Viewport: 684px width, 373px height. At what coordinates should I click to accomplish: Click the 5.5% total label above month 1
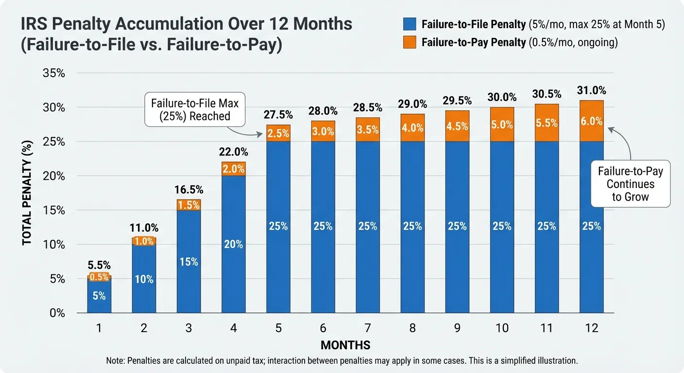tap(99, 266)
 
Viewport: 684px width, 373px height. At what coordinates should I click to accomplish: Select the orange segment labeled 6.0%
tap(591, 121)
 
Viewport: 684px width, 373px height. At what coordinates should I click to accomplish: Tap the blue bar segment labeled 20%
tap(233, 244)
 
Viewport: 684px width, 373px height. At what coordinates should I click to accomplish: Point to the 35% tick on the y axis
tap(54, 73)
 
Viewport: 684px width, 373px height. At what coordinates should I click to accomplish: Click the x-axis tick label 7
tap(368, 328)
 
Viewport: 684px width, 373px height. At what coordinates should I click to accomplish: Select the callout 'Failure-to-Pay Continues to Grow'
tap(630, 184)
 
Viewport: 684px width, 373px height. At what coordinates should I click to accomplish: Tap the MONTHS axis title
tap(345, 345)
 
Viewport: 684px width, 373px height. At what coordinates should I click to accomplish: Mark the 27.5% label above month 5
tap(278, 115)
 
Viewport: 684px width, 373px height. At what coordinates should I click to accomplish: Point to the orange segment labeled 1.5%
tap(188, 205)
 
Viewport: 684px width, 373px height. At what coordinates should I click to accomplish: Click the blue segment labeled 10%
tap(144, 279)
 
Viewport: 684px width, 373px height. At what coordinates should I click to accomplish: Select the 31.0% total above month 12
tap(591, 90)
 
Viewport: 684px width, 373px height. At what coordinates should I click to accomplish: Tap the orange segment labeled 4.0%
tap(412, 128)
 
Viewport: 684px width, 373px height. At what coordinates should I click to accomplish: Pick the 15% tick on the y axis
tap(54, 211)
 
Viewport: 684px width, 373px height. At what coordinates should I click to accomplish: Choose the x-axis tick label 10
tap(502, 328)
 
